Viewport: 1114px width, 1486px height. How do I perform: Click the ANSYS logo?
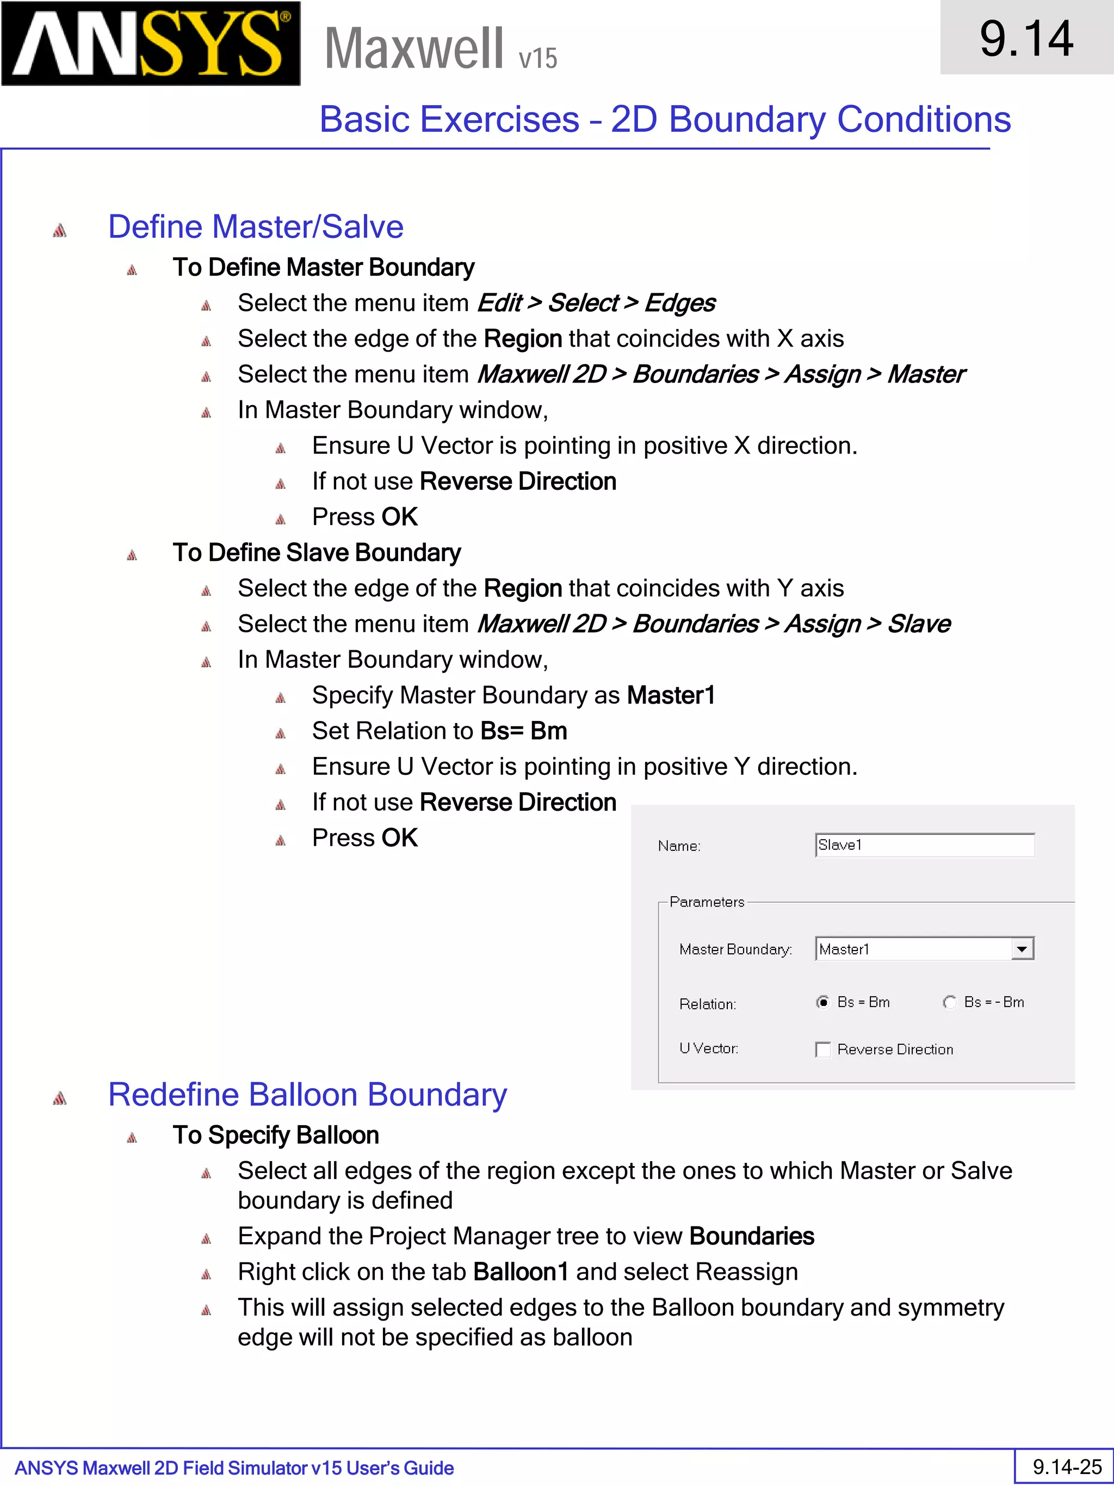point(151,44)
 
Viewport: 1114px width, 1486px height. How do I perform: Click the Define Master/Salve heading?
point(255,226)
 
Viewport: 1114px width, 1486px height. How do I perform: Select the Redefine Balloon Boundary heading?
point(307,1094)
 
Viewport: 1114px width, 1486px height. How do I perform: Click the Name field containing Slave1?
point(924,845)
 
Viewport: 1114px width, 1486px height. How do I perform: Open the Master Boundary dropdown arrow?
point(1022,949)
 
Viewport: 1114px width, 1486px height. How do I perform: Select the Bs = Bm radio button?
point(822,1002)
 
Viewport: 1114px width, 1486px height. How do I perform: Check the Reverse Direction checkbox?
point(823,1049)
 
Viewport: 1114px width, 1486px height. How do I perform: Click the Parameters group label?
point(707,902)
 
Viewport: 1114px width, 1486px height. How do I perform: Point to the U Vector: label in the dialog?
point(708,1049)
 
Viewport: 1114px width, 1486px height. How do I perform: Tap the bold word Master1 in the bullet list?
point(671,695)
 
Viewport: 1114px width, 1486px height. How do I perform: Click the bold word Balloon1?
point(521,1272)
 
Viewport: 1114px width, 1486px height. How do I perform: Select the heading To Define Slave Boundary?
point(316,553)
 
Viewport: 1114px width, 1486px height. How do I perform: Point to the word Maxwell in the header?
point(413,48)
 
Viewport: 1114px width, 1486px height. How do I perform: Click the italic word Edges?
point(679,303)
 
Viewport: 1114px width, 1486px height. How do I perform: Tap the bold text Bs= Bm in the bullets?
point(524,731)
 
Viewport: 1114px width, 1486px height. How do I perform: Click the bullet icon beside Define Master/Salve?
point(60,230)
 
